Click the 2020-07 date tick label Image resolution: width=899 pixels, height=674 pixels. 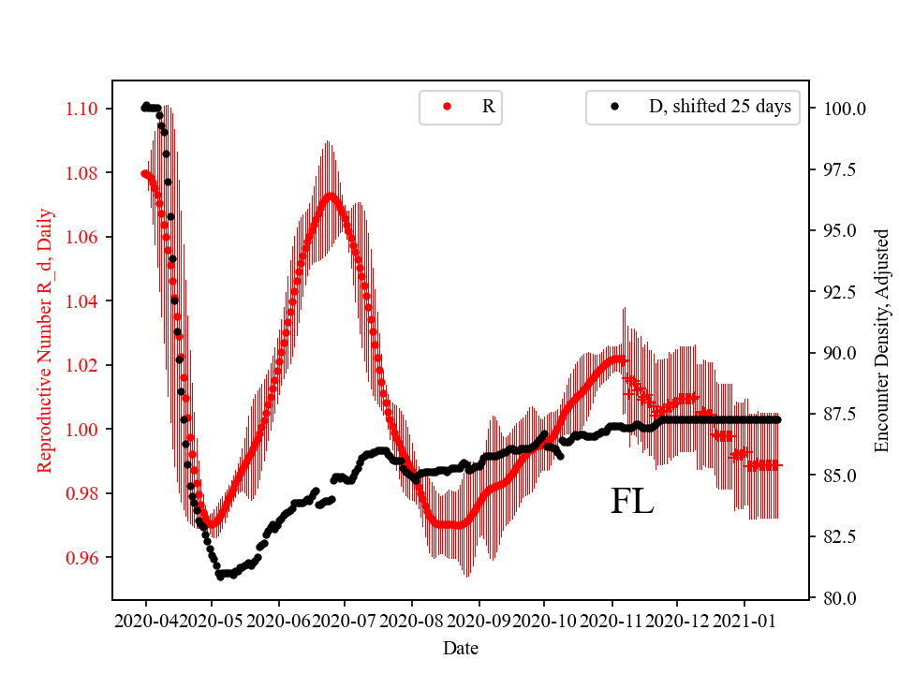(x=346, y=621)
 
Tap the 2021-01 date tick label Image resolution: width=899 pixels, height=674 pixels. (x=744, y=621)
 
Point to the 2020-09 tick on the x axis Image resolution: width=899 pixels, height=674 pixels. (x=479, y=621)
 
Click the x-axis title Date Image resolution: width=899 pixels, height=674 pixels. (x=462, y=647)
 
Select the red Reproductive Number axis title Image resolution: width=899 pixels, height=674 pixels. (x=44, y=341)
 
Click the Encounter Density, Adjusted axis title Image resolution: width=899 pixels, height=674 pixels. (x=881, y=340)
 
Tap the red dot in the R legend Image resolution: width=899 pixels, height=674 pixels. (x=447, y=107)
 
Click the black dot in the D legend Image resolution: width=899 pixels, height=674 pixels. (x=614, y=107)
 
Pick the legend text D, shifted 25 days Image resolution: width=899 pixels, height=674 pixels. (x=719, y=107)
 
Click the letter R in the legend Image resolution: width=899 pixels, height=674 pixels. (x=488, y=107)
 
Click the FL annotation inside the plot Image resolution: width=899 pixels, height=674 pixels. (x=632, y=502)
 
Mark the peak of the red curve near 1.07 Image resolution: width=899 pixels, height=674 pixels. (x=330, y=196)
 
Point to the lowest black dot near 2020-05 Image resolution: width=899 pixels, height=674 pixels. (x=219, y=577)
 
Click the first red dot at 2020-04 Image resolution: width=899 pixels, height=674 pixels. (x=144, y=173)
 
